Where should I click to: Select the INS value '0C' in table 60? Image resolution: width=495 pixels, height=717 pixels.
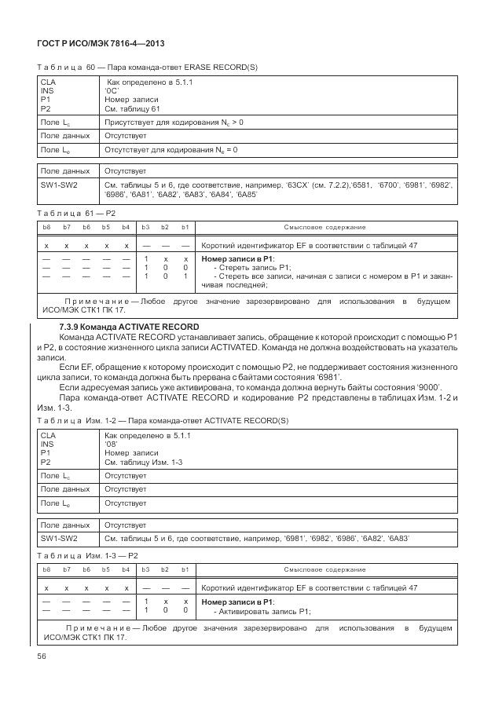(111, 91)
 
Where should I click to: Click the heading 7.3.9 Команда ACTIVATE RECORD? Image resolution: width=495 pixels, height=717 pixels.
(130, 326)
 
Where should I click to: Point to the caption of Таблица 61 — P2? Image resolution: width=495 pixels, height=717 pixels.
(76, 213)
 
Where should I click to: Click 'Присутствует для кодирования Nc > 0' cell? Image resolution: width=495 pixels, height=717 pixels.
(174, 123)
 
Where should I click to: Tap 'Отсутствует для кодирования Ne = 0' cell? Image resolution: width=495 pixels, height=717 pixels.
(171, 148)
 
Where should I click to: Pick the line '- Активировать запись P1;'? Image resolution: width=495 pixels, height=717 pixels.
(262, 611)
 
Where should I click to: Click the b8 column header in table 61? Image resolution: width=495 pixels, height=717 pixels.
(46, 227)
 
